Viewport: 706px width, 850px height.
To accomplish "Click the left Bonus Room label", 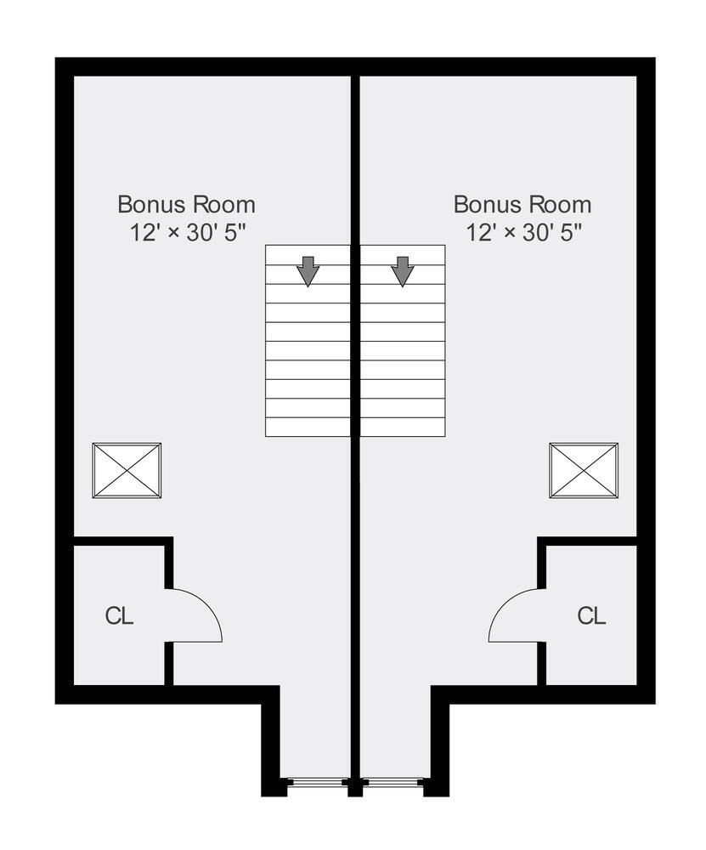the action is click(x=186, y=205).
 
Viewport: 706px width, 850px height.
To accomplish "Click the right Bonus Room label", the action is click(x=522, y=205).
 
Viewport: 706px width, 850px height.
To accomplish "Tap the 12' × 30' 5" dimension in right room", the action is click(x=523, y=233).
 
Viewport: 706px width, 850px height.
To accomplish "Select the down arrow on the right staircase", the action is click(x=403, y=271).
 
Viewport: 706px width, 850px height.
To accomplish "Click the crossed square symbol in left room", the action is click(x=127, y=471).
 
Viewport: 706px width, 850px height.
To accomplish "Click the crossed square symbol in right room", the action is click(x=584, y=471).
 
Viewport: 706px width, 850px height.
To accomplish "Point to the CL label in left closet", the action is click(x=119, y=616).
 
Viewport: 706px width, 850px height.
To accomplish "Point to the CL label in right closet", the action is click(x=591, y=616).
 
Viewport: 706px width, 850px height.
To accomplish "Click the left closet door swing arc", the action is click(x=208, y=606).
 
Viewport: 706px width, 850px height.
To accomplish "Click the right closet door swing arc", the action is click(x=502, y=606).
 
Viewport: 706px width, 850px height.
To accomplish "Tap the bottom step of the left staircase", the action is click(x=308, y=428).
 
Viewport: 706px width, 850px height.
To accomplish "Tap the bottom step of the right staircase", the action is click(x=403, y=428).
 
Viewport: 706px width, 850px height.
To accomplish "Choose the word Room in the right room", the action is click(x=560, y=205).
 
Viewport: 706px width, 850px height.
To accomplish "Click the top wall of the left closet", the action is click(x=123, y=541).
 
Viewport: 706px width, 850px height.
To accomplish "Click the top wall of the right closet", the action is click(x=587, y=541).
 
